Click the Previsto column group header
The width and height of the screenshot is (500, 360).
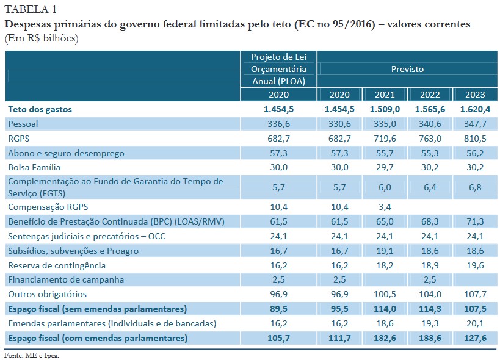(x=407, y=69)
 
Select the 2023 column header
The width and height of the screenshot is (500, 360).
(x=475, y=95)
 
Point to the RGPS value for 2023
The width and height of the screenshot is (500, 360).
(x=475, y=139)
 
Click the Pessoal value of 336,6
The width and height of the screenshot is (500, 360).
(x=278, y=124)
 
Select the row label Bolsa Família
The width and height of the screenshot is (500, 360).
(x=34, y=167)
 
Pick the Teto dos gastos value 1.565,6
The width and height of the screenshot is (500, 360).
(x=429, y=109)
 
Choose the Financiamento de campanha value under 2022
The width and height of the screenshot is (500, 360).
(x=429, y=279)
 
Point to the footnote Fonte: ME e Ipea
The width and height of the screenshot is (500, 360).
(x=32, y=355)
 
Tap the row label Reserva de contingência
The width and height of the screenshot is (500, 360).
(x=57, y=265)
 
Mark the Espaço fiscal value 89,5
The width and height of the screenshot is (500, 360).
(x=278, y=309)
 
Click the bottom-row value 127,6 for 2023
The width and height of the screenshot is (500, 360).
(x=475, y=338)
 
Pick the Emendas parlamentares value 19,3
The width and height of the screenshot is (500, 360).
(x=429, y=323)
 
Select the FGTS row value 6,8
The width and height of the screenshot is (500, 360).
(x=475, y=187)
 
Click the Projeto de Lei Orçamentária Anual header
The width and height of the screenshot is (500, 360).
(x=278, y=69)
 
